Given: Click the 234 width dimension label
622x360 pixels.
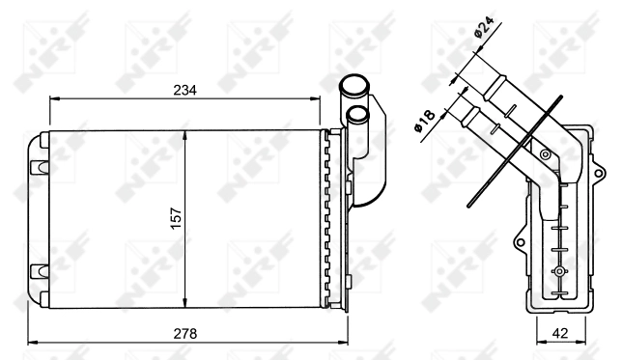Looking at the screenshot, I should tap(184, 89).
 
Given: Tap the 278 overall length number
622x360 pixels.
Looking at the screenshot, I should tap(184, 333).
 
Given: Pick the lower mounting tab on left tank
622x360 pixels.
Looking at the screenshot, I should tap(40, 269).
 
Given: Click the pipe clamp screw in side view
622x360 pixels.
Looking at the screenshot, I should tap(546, 153).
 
